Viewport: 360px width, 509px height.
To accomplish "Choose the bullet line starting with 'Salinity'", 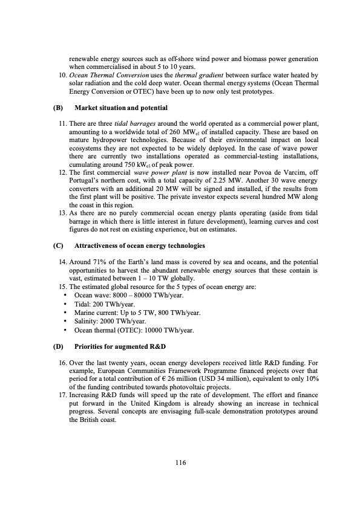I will pos(108,320).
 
